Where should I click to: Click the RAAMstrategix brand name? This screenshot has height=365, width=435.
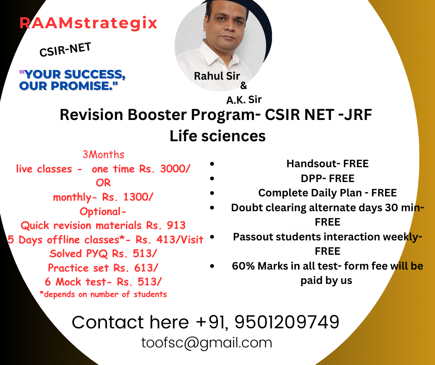88,23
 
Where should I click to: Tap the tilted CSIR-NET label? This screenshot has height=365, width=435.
65,50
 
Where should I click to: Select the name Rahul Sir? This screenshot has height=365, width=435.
217,76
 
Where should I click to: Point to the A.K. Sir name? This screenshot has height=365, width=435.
244,100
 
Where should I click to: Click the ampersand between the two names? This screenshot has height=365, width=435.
243,86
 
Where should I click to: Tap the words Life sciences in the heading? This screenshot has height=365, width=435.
217,136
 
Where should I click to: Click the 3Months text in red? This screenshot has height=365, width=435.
103,154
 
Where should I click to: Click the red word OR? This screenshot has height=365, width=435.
103,183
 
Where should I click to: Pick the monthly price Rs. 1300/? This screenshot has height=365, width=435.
128,197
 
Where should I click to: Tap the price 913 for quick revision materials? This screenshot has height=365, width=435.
176,225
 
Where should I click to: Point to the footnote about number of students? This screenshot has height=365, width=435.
103,294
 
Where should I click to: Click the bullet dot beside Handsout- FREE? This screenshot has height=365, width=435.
212,164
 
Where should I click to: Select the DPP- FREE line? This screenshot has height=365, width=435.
327,178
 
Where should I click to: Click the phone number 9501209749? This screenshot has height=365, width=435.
287,322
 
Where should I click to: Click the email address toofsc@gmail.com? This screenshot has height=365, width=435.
207,343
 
